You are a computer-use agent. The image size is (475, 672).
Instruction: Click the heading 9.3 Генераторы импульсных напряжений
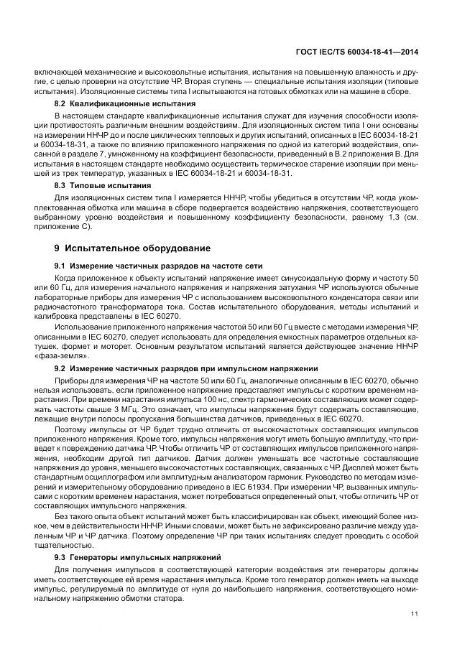click(130, 556)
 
